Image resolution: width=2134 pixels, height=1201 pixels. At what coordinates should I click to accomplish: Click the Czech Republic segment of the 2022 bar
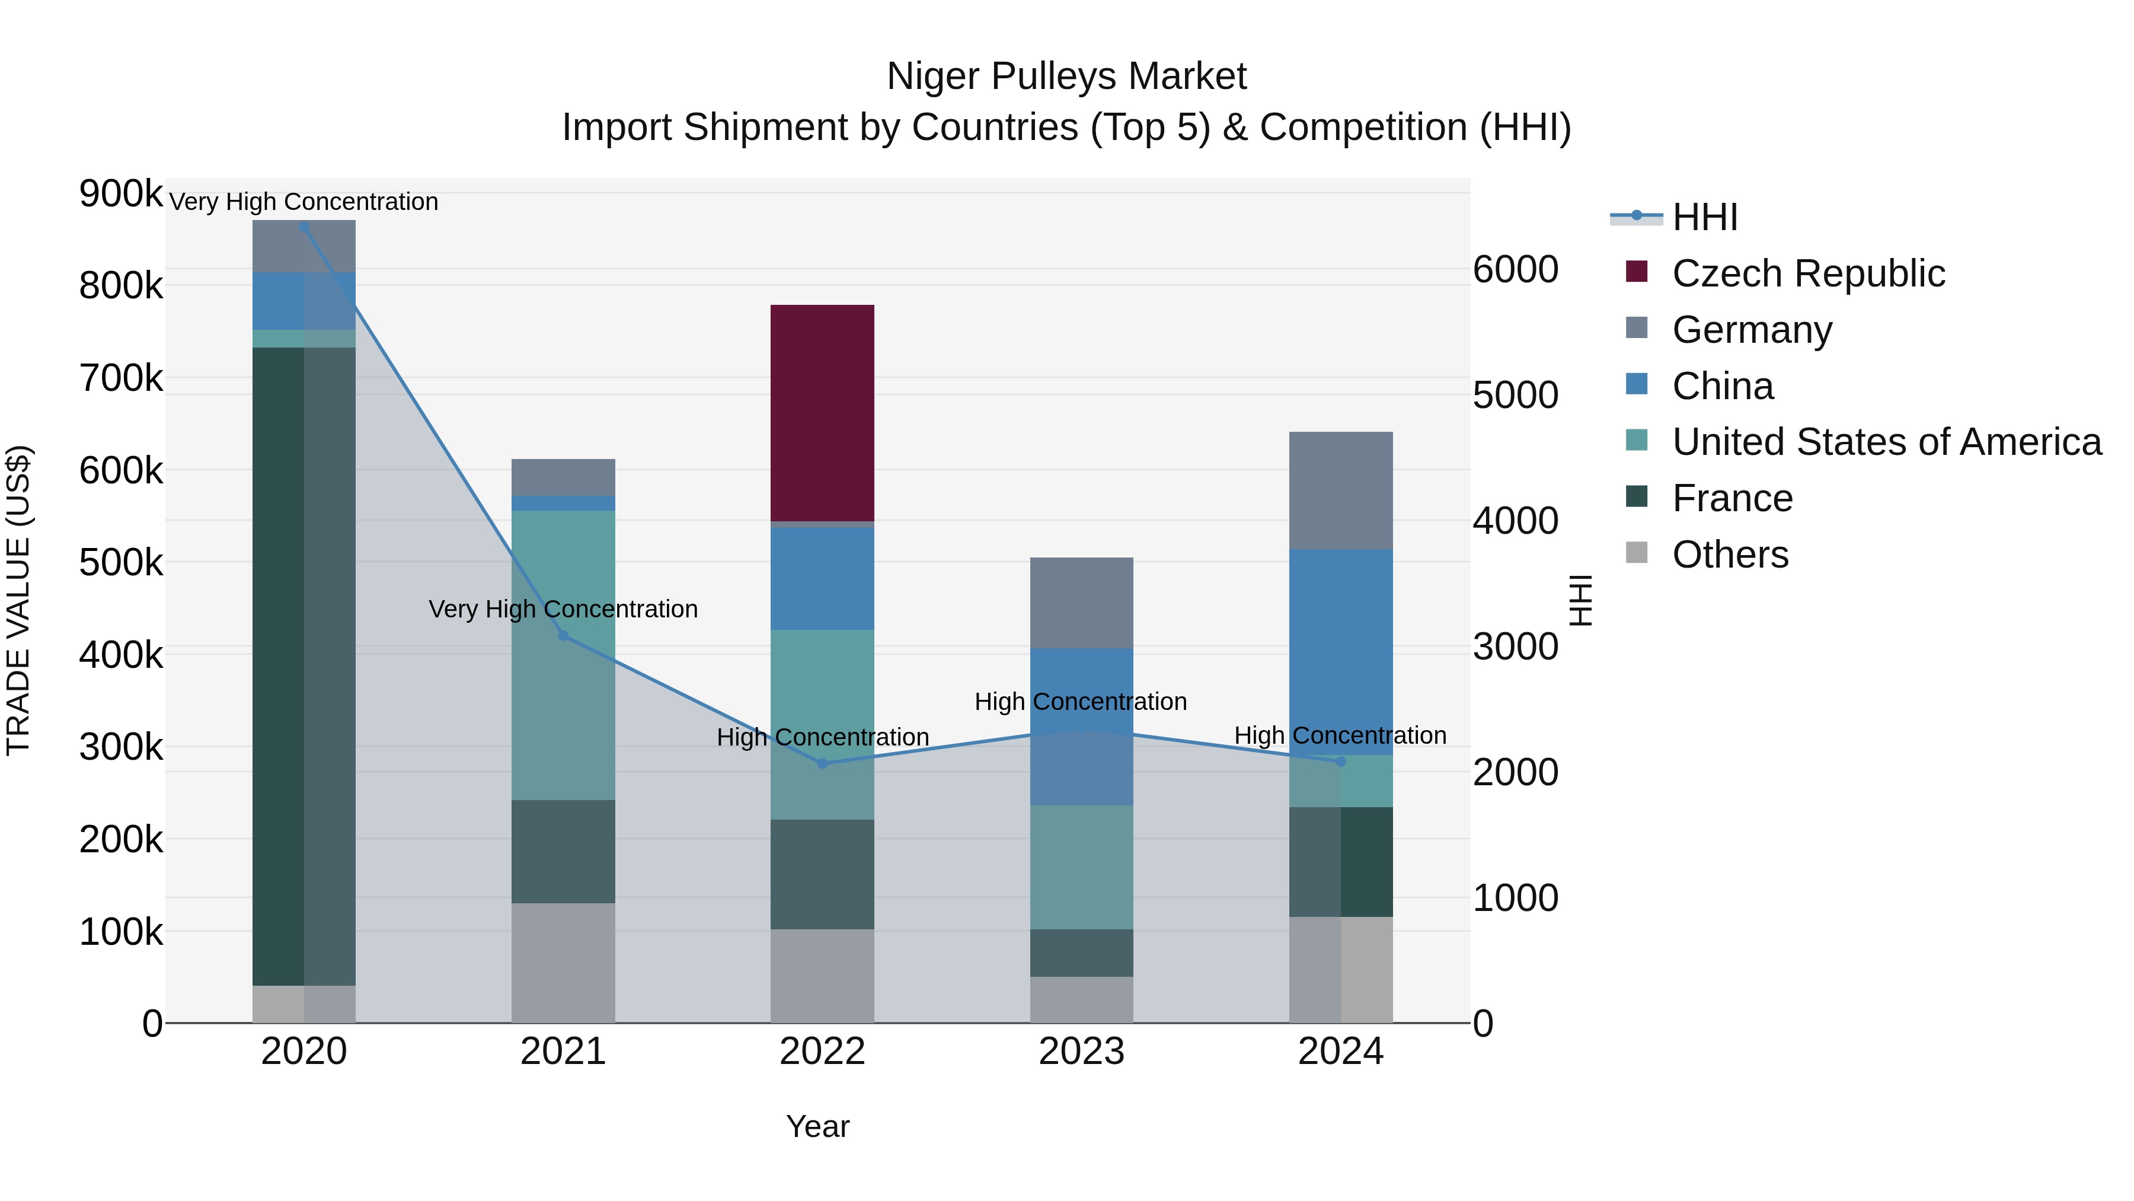822,413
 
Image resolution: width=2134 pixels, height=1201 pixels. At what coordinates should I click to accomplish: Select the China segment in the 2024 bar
1340,651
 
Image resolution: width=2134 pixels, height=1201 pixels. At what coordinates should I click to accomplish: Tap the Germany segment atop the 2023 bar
1081,603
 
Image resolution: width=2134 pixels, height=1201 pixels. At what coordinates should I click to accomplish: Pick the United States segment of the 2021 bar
563,655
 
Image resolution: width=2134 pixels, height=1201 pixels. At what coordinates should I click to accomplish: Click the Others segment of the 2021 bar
563,963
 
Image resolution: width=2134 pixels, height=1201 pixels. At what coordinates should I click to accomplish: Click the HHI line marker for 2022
822,763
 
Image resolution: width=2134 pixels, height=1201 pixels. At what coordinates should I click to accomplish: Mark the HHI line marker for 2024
1340,761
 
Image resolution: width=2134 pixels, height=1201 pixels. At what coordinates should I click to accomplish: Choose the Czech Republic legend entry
1807,273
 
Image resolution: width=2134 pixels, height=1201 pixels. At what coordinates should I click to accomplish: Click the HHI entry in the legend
1704,217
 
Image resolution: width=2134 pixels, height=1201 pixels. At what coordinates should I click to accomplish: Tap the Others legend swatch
1637,553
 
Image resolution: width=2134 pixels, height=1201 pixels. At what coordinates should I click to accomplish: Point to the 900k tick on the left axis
121,194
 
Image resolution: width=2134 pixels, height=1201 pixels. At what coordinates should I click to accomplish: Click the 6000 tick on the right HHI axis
1515,269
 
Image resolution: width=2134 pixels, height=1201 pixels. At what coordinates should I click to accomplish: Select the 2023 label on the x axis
1081,1052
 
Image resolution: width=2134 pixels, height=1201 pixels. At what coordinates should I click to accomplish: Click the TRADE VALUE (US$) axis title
19,600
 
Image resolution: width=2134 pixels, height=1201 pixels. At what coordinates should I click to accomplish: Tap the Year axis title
817,1126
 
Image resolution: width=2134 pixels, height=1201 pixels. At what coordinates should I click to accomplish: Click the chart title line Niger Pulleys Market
1066,77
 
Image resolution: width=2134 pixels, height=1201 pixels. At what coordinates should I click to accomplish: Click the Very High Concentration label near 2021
563,609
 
